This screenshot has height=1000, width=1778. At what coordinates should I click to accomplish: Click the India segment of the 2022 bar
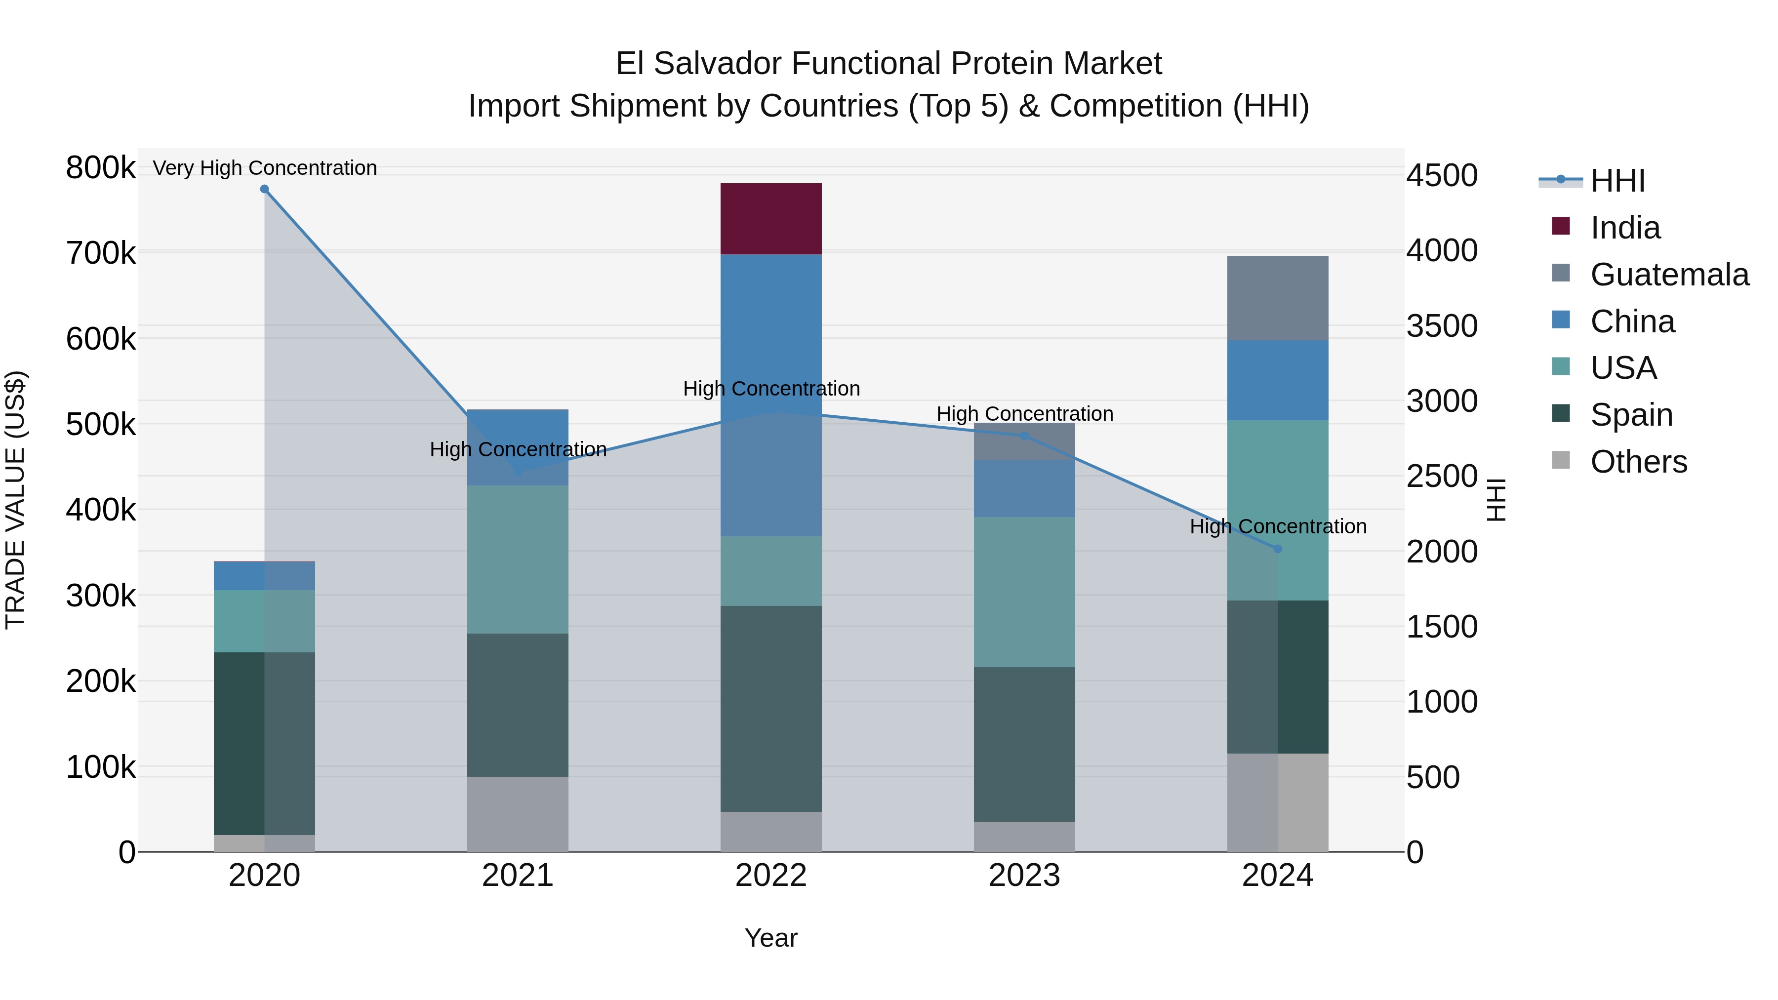[x=771, y=219]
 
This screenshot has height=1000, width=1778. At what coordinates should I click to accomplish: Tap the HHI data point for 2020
[x=264, y=189]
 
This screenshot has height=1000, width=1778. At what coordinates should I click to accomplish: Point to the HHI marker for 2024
[x=1278, y=549]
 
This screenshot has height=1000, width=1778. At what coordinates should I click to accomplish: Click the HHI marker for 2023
[x=1024, y=436]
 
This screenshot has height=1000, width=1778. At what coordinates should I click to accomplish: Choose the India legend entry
[x=1625, y=228]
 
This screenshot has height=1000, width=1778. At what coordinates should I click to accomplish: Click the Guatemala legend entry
[x=1669, y=275]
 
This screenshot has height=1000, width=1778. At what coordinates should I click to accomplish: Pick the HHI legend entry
[x=1617, y=181]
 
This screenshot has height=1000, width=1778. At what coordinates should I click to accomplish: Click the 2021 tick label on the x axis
[x=518, y=876]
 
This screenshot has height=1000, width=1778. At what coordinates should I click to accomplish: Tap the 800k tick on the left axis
[x=101, y=168]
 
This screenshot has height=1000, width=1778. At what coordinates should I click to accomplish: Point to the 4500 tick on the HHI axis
[x=1442, y=175]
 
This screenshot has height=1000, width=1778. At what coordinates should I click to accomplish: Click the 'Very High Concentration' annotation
[x=264, y=168]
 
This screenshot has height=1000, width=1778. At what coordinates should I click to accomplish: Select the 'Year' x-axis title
[x=771, y=938]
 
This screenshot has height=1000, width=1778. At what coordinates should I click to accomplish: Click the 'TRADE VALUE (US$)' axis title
[x=15, y=500]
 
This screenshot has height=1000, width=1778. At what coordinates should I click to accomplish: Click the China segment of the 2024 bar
[x=1278, y=380]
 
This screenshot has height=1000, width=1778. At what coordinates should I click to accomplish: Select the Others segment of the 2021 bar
[x=518, y=814]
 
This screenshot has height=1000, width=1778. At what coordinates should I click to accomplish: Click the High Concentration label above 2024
[x=1278, y=526]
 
